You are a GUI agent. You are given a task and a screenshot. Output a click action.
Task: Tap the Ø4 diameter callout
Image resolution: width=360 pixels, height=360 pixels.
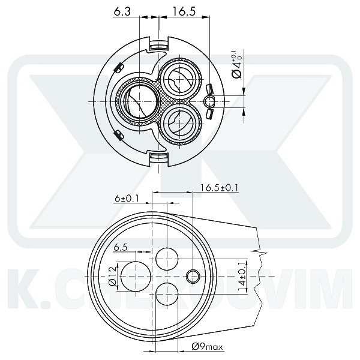coord(236,65)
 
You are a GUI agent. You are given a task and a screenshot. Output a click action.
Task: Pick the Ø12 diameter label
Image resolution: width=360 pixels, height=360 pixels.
coord(112,275)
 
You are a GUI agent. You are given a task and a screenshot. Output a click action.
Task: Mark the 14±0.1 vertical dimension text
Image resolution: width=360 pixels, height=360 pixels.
coord(243,275)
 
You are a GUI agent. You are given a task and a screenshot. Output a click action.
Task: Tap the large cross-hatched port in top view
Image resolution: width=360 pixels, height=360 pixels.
coord(137,101)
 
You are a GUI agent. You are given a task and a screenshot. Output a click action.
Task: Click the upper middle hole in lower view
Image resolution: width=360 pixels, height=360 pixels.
coord(167,259)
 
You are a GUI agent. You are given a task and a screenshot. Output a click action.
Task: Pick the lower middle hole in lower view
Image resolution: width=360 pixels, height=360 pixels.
coord(167,294)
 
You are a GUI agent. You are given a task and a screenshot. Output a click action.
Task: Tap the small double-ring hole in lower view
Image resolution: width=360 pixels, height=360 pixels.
coord(193,276)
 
